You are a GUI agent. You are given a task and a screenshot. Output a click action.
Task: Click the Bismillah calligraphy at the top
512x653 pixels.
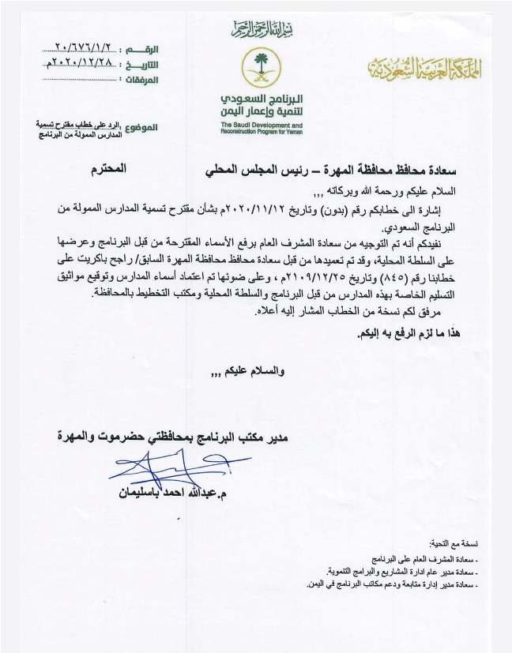point(257,31)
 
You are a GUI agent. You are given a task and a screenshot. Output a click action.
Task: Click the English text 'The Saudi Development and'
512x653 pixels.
point(261,126)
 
